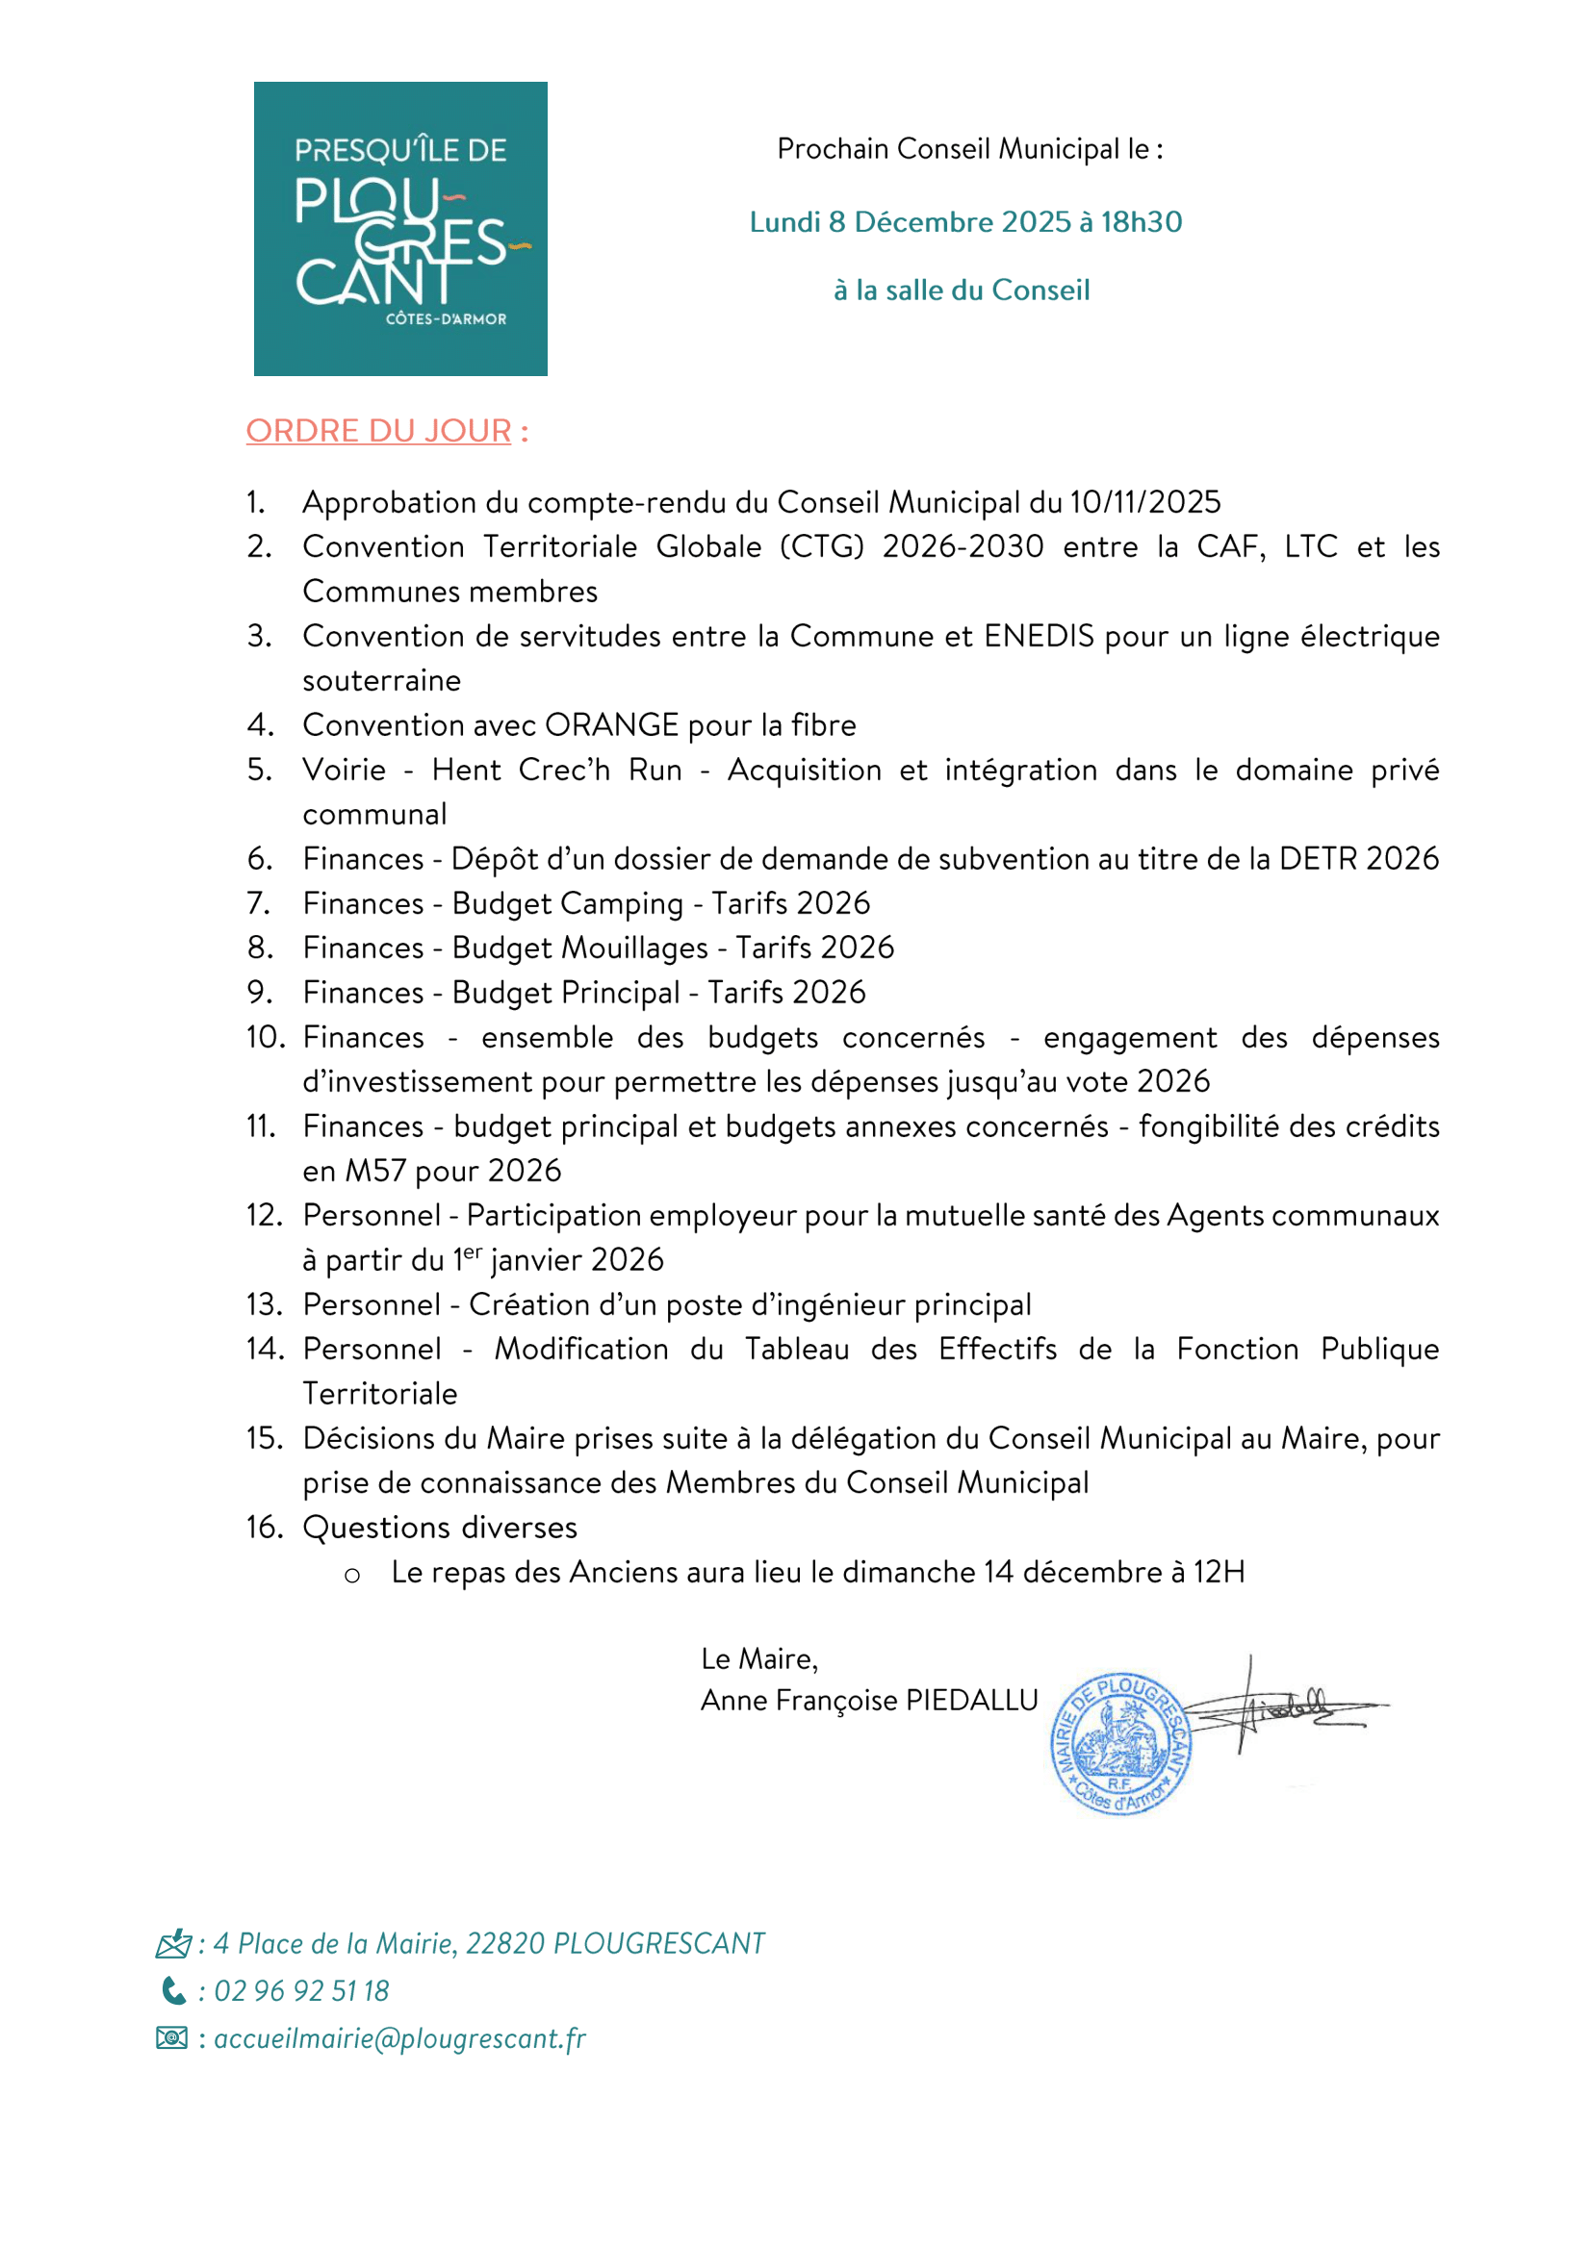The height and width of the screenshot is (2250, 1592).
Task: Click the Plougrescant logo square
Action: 400,228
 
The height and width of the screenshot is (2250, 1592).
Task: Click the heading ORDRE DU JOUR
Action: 378,431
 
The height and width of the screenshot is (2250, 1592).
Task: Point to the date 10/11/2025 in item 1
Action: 1145,503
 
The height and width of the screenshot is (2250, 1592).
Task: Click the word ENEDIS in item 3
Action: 1039,636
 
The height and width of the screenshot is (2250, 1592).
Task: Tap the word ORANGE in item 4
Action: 612,725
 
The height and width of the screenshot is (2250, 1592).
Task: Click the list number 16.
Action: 265,1527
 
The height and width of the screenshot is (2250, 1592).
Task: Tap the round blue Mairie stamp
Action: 1120,1743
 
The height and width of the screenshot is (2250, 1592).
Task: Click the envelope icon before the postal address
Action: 173,1943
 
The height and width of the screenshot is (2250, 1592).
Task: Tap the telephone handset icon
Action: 173,1990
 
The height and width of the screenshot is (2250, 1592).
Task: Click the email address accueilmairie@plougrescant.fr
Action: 400,2038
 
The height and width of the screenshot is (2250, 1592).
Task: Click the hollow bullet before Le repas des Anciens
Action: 352,1576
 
